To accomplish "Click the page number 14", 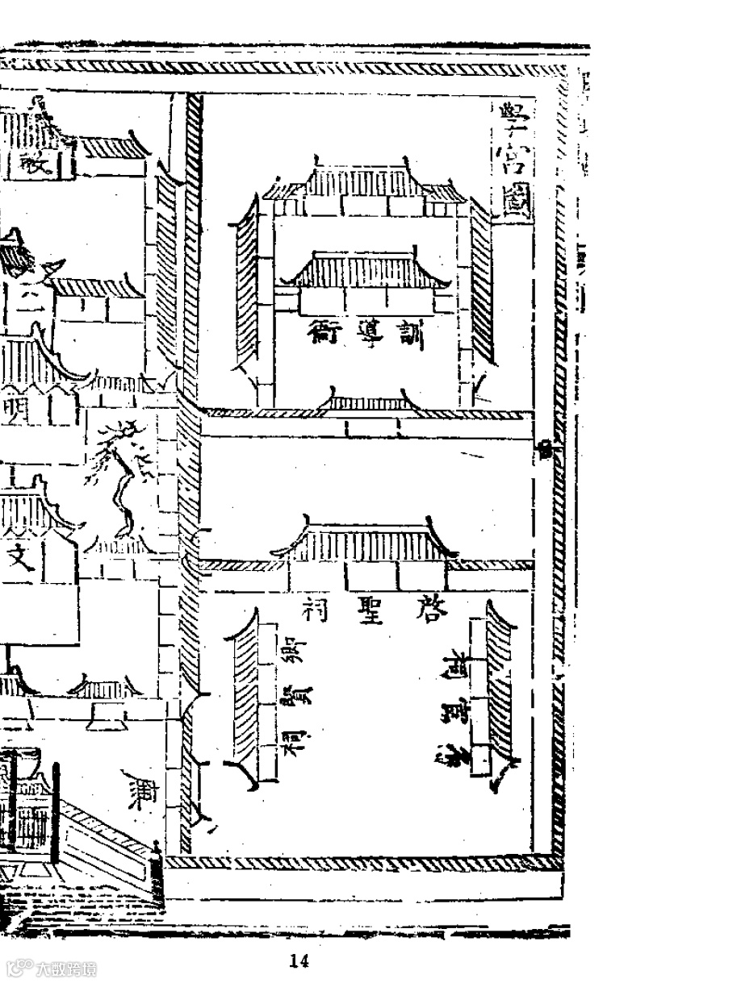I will [299, 960].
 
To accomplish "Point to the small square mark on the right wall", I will [546, 448].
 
